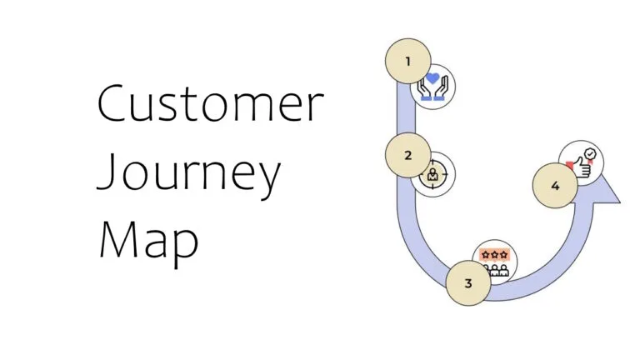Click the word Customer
tap(210, 106)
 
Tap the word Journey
tap(190, 175)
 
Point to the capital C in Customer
tap(114, 105)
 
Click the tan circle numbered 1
tap(408, 61)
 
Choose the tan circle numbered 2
tap(408, 155)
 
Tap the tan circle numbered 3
tap(467, 283)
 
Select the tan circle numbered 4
tap(555, 186)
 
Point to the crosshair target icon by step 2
tap(432, 175)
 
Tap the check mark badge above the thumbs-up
tap(590, 154)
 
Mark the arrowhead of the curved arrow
tap(608, 189)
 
